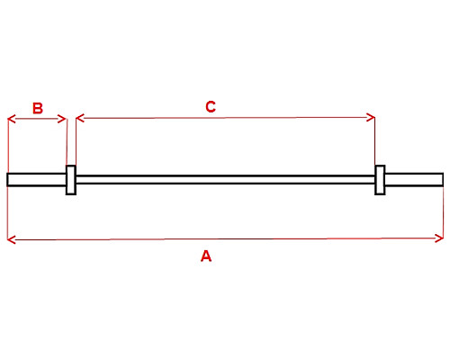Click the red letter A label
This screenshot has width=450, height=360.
click(x=206, y=256)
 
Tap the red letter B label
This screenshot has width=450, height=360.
click(x=38, y=108)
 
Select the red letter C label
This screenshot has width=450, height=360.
click(x=211, y=106)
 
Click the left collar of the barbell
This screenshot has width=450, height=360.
click(x=71, y=180)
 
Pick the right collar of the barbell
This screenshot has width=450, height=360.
click(x=380, y=180)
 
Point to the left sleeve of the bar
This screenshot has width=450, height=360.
click(x=37, y=180)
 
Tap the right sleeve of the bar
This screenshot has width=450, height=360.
click(x=414, y=180)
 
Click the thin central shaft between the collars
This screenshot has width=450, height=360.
click(x=225, y=179)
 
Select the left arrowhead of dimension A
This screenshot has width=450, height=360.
click(x=11, y=239)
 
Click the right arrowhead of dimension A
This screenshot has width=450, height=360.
click(x=439, y=238)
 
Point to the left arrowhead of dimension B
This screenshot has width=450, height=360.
click(x=11, y=119)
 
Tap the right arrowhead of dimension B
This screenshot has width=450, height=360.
click(x=62, y=119)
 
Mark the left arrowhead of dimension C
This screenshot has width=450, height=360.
click(x=80, y=118)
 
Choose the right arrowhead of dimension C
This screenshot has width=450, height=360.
click(x=371, y=118)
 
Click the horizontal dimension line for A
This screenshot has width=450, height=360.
click(x=225, y=239)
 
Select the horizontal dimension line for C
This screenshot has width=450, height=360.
click(x=225, y=118)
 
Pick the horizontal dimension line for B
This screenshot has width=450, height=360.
click(x=37, y=119)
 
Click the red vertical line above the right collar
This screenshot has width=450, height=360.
click(x=375, y=141)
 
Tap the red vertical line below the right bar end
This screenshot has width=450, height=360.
click(x=444, y=213)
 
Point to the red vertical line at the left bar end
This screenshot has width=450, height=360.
click(x=7, y=177)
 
